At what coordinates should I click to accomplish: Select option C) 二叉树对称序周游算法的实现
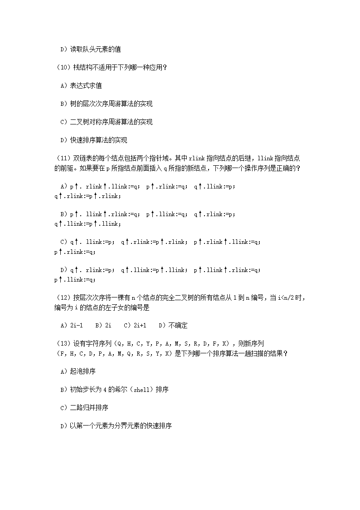[x=106, y=122]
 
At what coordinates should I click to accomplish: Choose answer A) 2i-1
[x=71, y=326]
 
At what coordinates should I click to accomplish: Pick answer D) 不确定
[x=173, y=326]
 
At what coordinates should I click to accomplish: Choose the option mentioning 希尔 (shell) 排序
[x=114, y=390]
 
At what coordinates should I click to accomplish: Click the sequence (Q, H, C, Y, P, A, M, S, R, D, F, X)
[x=172, y=344]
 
